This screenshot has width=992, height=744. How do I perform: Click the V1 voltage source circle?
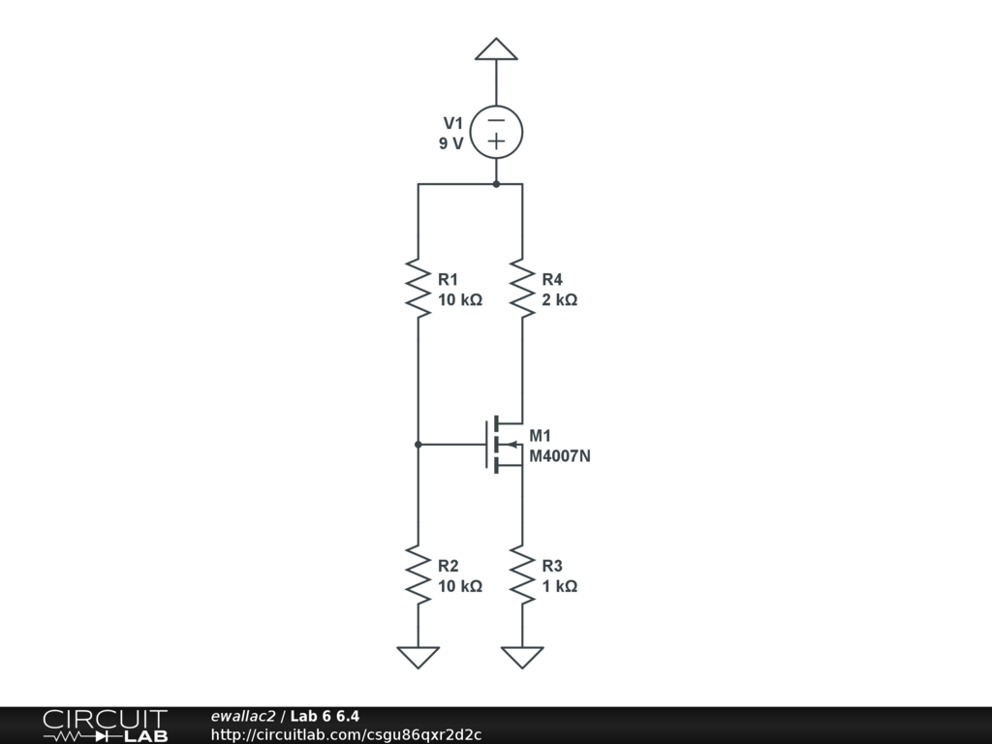coord(496,132)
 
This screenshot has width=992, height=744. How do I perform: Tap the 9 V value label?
coord(450,143)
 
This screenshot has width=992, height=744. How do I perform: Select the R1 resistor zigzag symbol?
coord(418,287)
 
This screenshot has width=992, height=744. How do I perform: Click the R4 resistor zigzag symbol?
coord(522,287)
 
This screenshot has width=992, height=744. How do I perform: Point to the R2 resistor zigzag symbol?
coord(418,573)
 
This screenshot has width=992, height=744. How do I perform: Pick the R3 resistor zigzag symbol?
coord(522,573)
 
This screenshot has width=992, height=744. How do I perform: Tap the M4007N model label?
coord(560,455)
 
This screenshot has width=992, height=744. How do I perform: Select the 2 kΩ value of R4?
coord(560,300)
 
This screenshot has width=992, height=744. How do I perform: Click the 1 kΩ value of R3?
coord(560,587)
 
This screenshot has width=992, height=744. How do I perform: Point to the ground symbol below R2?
coord(418,657)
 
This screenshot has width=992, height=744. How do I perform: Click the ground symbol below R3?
coord(522,657)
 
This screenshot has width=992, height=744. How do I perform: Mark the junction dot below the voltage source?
coord(496,183)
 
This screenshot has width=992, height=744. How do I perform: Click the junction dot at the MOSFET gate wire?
coord(418,445)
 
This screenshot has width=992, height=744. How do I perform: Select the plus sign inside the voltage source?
coord(496,142)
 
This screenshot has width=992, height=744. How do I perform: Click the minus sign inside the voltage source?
coord(496,120)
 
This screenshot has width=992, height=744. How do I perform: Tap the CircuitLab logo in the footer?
coord(105,726)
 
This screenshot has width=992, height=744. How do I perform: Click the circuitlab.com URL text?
coord(346,734)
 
